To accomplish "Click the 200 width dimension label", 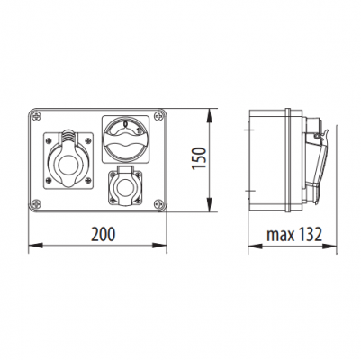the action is tap(103, 234).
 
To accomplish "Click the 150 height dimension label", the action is tap(199, 158).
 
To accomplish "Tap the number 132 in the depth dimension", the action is tap(310, 234).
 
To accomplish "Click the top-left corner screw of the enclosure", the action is tap(36, 116).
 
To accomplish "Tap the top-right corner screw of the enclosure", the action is tap(158, 116).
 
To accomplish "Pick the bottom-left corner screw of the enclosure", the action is tap(36, 204).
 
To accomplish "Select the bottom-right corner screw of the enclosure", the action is tap(158, 204).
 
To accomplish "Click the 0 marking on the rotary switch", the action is tap(125, 123).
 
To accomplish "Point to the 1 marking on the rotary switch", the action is tap(139, 130).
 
